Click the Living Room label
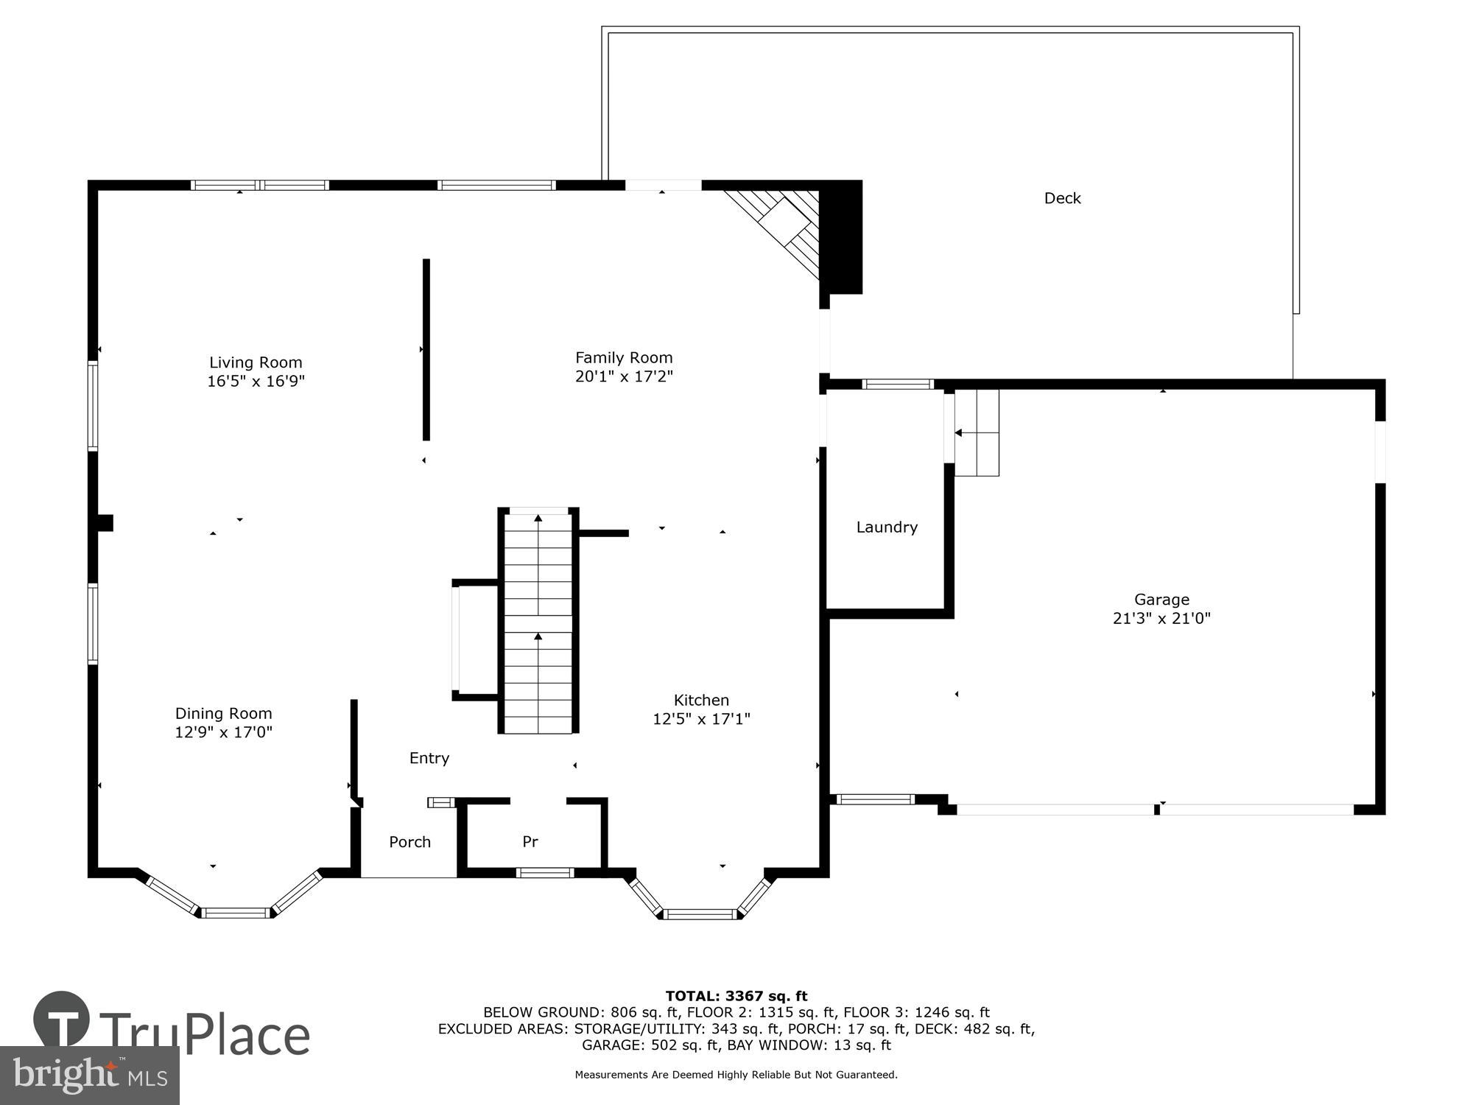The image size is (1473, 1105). pyautogui.click(x=256, y=362)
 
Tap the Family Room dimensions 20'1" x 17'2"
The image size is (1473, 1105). pyautogui.click(x=624, y=376)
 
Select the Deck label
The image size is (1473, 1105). pyautogui.click(x=1062, y=198)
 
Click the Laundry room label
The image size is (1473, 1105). pyautogui.click(x=887, y=527)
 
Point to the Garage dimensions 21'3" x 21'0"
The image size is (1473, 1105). pyautogui.click(x=1161, y=619)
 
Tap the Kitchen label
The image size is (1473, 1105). pyautogui.click(x=701, y=700)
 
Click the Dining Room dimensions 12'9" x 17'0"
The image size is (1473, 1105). pyautogui.click(x=223, y=732)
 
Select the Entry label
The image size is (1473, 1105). pyautogui.click(x=429, y=758)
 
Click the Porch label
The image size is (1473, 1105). pyautogui.click(x=409, y=842)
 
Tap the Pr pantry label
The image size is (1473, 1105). pyautogui.click(x=530, y=841)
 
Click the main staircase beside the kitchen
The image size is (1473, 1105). pyautogui.click(x=538, y=622)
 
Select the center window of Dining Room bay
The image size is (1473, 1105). pyautogui.click(x=236, y=913)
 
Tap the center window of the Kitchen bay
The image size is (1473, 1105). pyautogui.click(x=700, y=915)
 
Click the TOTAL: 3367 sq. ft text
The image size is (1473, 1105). pyautogui.click(x=736, y=997)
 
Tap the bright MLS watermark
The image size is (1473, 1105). pyautogui.click(x=89, y=1076)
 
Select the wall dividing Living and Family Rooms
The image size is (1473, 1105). pyautogui.click(x=426, y=350)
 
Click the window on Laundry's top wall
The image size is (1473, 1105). pyautogui.click(x=897, y=384)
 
